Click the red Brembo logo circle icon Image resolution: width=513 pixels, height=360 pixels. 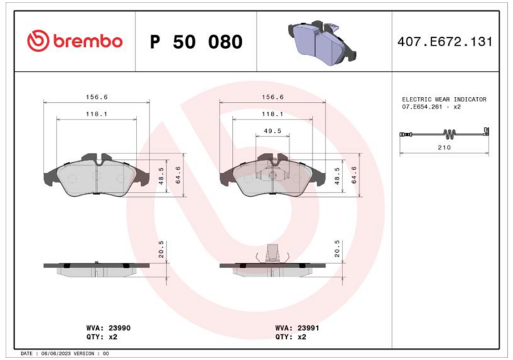coord(38,41)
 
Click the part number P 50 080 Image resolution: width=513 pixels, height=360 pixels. coord(196,42)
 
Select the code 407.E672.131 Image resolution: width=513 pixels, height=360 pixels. coord(444,42)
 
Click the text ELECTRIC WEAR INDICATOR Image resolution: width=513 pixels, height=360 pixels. coord(444,99)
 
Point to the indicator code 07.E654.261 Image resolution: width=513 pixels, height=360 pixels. coord(422,107)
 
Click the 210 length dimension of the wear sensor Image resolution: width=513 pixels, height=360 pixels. coord(444,148)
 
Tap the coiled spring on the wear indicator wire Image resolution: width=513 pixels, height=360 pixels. coord(450,133)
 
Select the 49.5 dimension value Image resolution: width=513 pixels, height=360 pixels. coord(272,131)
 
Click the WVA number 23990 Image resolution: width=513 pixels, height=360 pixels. coord(119,328)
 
